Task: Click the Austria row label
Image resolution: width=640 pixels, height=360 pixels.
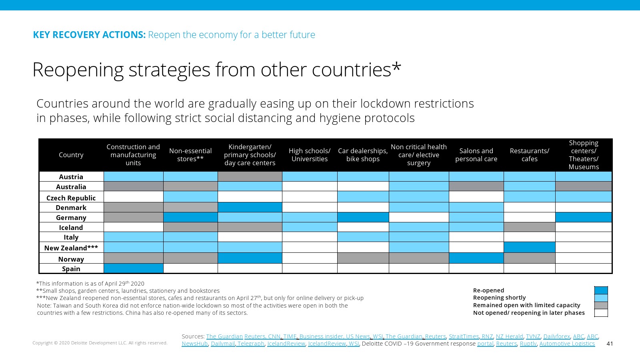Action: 71,177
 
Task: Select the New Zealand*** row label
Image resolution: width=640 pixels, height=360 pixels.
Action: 71,248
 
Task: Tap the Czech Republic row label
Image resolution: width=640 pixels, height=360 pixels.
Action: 71,198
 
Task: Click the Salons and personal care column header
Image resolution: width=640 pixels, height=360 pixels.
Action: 476,155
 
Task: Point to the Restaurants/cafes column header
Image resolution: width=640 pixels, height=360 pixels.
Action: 529,155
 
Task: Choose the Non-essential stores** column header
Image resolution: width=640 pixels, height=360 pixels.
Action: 190,155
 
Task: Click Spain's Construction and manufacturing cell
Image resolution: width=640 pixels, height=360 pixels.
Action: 133,268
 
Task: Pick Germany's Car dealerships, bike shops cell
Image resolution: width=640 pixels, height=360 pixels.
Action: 363,217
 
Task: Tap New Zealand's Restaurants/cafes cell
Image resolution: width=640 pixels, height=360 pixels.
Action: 529,247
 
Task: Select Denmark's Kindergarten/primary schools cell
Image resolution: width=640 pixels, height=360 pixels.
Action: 250,207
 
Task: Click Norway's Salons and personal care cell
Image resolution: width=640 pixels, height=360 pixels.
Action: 476,258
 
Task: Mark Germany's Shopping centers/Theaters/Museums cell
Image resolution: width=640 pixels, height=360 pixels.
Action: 583,217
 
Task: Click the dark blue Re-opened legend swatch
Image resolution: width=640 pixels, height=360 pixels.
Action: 601,290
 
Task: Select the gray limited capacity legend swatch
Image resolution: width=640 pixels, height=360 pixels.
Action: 601,305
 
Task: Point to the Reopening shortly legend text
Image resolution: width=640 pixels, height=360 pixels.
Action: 499,298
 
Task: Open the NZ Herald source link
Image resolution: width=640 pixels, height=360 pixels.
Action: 509,336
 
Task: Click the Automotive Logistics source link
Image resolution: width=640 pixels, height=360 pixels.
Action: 567,344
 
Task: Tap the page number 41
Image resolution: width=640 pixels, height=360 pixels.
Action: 610,344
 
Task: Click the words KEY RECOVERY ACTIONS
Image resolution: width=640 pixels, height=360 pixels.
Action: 89,35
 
